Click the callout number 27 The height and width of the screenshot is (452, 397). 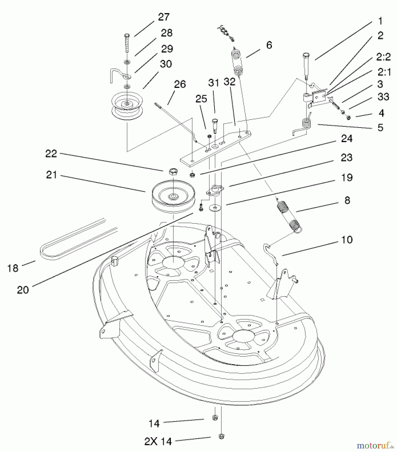pyautogui.click(x=164, y=17)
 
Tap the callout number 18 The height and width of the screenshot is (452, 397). pyautogui.click(x=13, y=268)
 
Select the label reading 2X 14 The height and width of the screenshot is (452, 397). pyautogui.click(x=158, y=441)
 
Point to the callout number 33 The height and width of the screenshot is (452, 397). pyautogui.click(x=383, y=96)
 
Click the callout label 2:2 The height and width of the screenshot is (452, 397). pyautogui.click(x=383, y=57)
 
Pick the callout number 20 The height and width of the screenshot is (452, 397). pyautogui.click(x=23, y=290)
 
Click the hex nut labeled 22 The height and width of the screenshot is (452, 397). pyautogui.click(x=172, y=172)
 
